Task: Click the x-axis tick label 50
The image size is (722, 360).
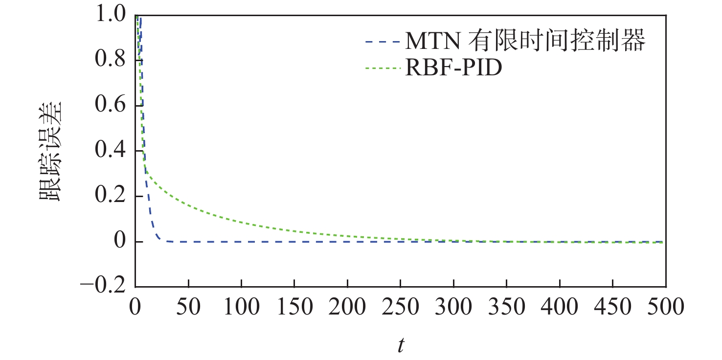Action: [188, 308]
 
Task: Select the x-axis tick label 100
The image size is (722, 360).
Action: [241, 308]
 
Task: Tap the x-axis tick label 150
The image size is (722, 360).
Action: [294, 308]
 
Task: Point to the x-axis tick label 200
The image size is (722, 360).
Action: [347, 308]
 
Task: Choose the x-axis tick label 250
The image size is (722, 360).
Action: [400, 308]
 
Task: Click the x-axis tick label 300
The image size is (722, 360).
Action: [453, 308]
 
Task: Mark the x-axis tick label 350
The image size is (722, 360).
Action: [506, 308]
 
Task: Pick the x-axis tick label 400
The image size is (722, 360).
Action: [560, 308]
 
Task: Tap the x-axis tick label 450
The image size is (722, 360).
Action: [612, 308]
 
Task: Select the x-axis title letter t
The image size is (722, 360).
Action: [401, 345]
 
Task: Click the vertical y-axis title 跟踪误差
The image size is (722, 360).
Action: [50, 151]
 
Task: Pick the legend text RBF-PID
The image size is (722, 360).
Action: [453, 69]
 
